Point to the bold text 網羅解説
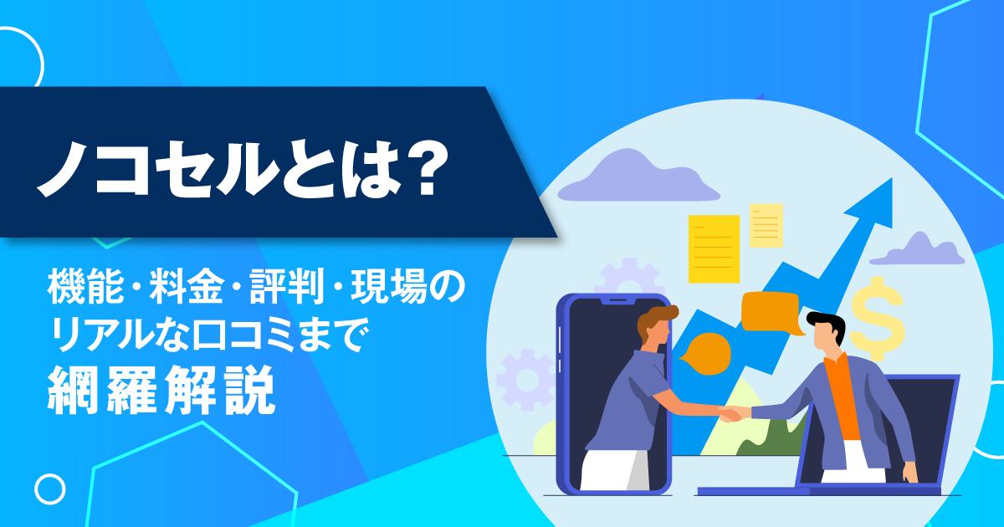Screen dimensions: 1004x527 [161, 390]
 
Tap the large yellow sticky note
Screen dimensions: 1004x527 [714, 248]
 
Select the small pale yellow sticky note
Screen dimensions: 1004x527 [766, 225]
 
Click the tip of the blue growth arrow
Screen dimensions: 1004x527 [892, 179]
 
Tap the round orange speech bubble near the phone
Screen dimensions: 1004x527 [707, 354]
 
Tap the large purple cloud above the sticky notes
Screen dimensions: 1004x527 [638, 177]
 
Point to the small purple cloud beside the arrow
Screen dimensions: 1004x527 [917, 249]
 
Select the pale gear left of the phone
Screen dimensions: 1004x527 [525, 380]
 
